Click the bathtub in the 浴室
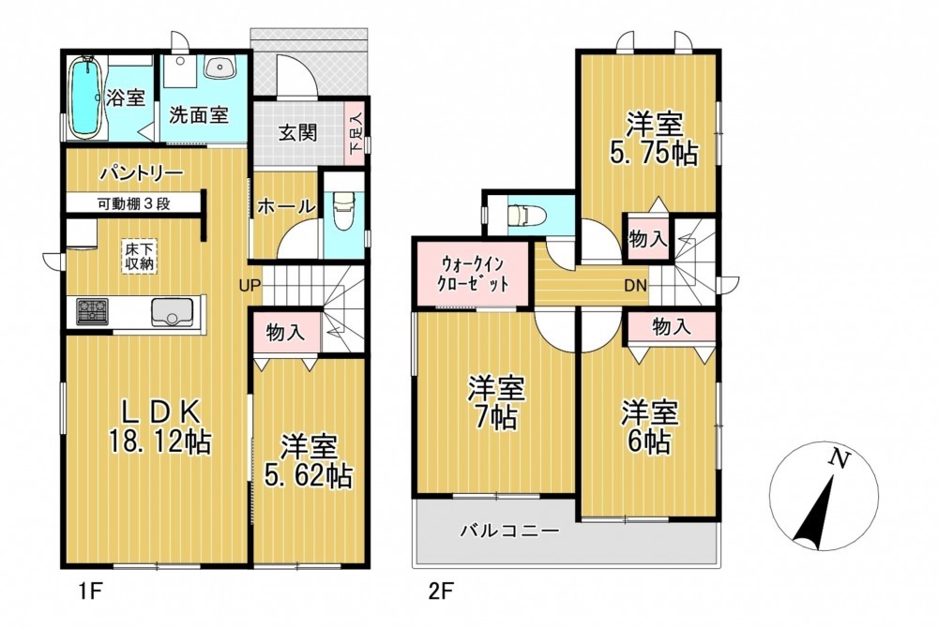click(86, 97)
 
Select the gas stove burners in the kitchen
click(92, 311)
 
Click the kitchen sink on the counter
click(174, 312)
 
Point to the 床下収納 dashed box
click(140, 256)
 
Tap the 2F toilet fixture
click(525, 215)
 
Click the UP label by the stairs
click(250, 286)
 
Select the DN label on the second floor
click(635, 286)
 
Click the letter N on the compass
click(840, 458)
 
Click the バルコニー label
click(509, 530)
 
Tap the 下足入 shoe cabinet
click(356, 133)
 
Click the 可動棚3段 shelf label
click(134, 203)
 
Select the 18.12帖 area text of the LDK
click(159, 442)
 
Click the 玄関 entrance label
click(298, 133)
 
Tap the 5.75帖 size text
click(654, 154)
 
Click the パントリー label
click(142, 174)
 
